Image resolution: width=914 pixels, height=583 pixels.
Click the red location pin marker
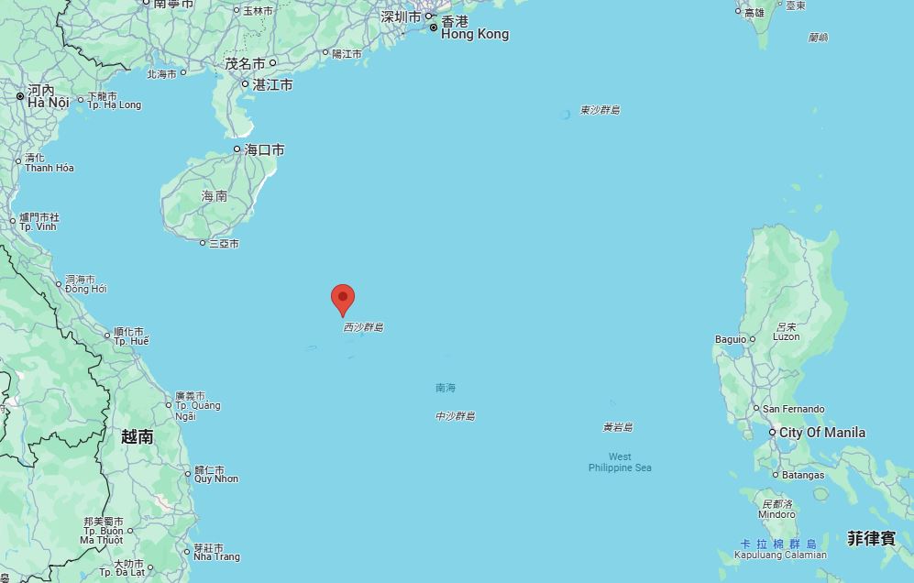tap(343, 299)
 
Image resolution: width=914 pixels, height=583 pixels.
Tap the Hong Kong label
tap(474, 34)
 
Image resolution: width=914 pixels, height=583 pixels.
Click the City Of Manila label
tap(822, 433)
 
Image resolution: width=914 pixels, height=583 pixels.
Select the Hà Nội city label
tap(48, 103)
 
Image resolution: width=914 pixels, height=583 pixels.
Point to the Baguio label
tap(731, 339)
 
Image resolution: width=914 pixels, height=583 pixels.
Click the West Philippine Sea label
tap(620, 462)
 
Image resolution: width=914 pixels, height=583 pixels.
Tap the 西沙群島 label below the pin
tap(363, 327)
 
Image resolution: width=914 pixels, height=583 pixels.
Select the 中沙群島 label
tap(455, 416)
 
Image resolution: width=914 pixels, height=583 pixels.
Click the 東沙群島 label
tap(600, 110)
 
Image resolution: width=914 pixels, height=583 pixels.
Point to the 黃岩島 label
tap(617, 427)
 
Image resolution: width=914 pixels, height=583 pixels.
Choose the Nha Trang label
tap(216, 556)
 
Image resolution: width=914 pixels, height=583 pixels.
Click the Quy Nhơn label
tap(216, 478)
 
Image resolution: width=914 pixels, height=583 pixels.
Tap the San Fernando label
tap(793, 409)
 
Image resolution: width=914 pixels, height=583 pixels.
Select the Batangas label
tap(803, 475)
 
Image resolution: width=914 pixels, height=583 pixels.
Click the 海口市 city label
tap(264, 149)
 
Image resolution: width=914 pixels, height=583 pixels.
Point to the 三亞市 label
tap(224, 244)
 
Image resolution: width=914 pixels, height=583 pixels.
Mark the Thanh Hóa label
tap(50, 168)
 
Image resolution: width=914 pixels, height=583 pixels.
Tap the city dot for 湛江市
tap(246, 84)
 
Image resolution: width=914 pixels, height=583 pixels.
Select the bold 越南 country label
tap(137, 437)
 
